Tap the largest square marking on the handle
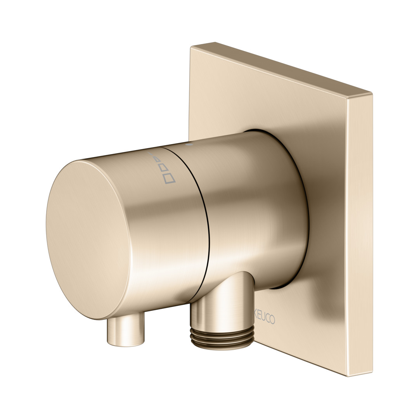170,178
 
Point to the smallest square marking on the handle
157,159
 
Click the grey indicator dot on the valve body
189,145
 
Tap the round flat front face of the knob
88,239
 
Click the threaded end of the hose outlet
222,338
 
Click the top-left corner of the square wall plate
190,47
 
